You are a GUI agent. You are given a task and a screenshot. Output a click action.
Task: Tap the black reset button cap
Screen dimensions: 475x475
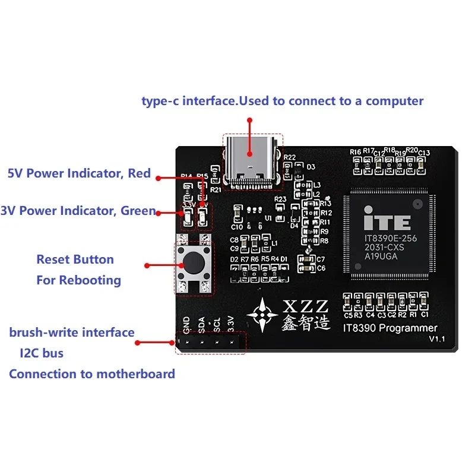click(194, 262)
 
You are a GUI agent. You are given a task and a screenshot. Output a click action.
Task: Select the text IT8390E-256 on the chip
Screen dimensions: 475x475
click(388, 237)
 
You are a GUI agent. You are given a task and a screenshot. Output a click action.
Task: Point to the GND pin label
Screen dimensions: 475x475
click(186, 324)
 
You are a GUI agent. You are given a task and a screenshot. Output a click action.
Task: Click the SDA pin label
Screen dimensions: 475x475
click(202, 324)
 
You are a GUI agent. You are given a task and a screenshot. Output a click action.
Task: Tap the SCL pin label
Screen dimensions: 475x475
click(217, 324)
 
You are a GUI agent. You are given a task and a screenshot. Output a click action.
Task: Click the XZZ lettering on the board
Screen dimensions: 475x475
click(304, 306)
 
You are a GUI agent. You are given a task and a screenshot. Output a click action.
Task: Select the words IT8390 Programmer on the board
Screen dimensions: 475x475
click(390, 328)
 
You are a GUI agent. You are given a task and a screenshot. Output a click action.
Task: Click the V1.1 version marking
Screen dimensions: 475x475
click(437, 339)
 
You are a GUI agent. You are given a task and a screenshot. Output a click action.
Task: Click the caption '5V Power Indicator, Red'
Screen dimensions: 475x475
click(79, 174)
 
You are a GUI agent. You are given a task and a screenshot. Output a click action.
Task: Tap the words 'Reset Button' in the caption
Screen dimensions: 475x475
click(75, 259)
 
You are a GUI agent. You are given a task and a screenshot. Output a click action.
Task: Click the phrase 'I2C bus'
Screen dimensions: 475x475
click(42, 353)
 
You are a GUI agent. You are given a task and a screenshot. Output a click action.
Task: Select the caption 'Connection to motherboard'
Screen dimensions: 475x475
click(92, 374)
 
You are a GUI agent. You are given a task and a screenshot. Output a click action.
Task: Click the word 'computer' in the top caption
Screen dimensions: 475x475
click(394, 100)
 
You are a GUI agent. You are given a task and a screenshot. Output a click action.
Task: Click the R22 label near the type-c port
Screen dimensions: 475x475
click(290, 157)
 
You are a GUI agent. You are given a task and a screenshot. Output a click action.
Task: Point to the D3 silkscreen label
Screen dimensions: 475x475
click(311, 167)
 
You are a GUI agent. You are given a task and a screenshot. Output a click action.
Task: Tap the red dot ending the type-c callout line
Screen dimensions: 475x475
click(250, 120)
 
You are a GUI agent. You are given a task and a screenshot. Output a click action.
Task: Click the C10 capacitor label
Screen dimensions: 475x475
click(236, 227)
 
